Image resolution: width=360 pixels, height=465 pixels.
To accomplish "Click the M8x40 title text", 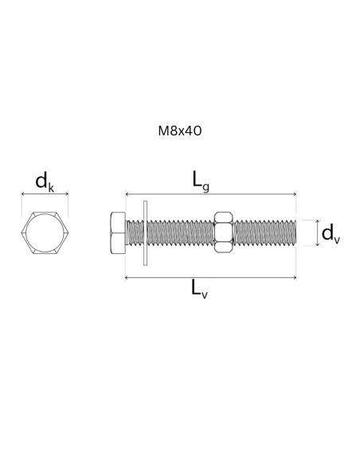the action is (x=180, y=131).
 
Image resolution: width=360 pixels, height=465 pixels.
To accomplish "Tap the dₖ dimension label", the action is (x=45, y=182).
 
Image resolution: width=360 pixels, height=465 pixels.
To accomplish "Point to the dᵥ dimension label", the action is (x=331, y=233).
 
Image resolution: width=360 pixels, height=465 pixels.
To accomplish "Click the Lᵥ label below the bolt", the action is (x=199, y=289).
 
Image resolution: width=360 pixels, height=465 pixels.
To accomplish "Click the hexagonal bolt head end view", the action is (x=45, y=232).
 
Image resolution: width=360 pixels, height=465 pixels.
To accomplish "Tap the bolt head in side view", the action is (x=118, y=232).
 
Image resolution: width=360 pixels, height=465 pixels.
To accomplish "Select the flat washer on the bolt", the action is (x=145, y=233).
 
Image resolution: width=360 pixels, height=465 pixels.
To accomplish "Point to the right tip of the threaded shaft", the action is (x=296, y=232).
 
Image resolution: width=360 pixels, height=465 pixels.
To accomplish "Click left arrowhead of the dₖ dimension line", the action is (x=22, y=194).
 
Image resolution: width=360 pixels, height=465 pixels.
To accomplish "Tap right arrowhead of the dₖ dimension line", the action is (x=67, y=194).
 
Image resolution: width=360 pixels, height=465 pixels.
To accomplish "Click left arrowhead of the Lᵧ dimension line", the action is (x=127, y=194).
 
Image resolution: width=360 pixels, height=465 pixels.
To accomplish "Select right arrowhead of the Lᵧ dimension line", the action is (x=295, y=194).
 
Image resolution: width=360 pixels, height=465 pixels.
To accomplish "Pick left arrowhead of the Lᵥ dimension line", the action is (x=127, y=278).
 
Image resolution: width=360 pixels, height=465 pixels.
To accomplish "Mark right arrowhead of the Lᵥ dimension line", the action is (x=295, y=278).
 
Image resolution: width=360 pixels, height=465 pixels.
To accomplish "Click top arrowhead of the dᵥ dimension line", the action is (x=318, y=221).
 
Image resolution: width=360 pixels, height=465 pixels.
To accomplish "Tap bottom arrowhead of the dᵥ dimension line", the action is (x=318, y=244).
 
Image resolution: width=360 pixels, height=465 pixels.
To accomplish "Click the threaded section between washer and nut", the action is (x=181, y=232).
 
